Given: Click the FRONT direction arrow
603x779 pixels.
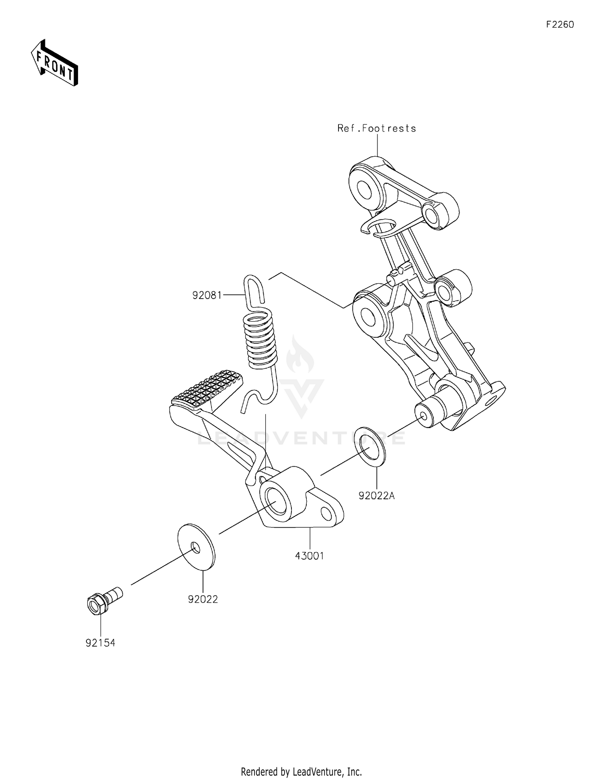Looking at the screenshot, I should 54,63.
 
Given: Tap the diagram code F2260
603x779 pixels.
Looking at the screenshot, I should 560,25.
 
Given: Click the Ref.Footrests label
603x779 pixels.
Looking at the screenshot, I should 377,128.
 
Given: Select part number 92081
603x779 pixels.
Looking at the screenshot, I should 207,295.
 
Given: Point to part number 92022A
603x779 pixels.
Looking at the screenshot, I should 377,496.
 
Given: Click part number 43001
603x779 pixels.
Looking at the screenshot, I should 310,556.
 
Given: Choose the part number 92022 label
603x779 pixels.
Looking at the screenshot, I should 203,599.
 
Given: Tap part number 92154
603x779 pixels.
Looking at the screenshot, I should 100,643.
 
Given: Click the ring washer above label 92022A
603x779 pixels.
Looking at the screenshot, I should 370,446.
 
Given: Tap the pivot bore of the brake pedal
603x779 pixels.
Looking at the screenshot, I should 277,501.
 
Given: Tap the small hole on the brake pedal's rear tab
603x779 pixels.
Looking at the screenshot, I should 327,514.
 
